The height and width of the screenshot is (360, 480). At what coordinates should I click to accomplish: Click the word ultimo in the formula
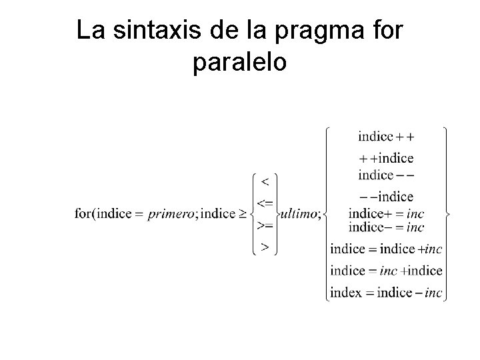coord(301,214)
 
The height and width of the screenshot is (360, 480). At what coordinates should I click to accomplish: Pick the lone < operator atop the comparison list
coord(265,181)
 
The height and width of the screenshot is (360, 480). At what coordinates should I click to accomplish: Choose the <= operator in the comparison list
coord(265,202)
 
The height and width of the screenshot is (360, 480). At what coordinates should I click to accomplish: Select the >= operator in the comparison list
coord(265,225)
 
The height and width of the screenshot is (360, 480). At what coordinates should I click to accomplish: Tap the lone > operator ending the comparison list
coord(265,247)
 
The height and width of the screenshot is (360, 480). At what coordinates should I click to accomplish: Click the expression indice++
coord(385,137)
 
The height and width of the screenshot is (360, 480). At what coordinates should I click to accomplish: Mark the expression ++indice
coord(385,158)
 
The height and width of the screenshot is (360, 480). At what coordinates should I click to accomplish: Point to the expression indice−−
coord(385,175)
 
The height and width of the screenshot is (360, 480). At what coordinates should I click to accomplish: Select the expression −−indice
coord(385,197)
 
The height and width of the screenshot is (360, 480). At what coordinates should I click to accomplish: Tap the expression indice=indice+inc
coord(385,249)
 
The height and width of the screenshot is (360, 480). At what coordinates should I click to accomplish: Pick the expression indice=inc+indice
coord(385,271)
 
